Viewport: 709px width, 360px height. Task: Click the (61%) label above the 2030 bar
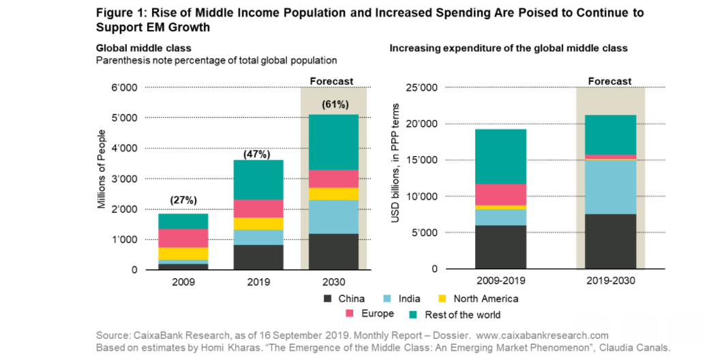click(x=335, y=104)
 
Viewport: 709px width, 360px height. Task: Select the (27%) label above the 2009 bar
click(x=183, y=200)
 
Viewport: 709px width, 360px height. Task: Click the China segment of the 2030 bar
click(x=334, y=252)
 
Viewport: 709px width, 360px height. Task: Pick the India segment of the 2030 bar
click(x=334, y=217)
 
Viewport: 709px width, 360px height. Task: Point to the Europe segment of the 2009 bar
click(x=183, y=238)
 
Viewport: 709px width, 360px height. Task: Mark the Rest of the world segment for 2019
click(x=258, y=179)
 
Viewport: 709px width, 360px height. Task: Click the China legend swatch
click(x=328, y=299)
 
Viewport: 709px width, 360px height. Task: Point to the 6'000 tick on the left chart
click(x=124, y=88)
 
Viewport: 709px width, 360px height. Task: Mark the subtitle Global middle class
click(x=143, y=48)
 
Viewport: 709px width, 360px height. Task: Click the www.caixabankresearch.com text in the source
click(x=542, y=335)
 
